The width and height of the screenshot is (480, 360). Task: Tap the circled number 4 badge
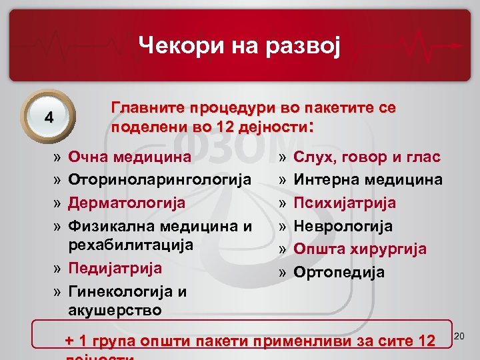[x=49, y=117]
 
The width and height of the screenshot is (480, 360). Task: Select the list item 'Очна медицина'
[x=130, y=157]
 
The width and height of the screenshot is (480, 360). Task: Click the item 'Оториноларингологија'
[x=160, y=180]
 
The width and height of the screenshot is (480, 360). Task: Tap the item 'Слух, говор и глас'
[x=367, y=157]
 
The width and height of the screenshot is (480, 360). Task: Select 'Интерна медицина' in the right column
[x=368, y=180]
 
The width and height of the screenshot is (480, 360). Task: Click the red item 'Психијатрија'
[x=345, y=203]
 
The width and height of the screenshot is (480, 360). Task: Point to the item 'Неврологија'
[x=343, y=226]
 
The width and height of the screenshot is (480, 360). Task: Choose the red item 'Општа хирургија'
[x=360, y=249]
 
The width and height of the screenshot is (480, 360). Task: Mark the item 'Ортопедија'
[x=339, y=272]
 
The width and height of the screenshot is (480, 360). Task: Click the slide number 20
[x=459, y=339]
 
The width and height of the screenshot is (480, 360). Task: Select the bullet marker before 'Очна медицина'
[x=58, y=158]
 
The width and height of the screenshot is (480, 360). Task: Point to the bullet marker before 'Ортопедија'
[x=283, y=273]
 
